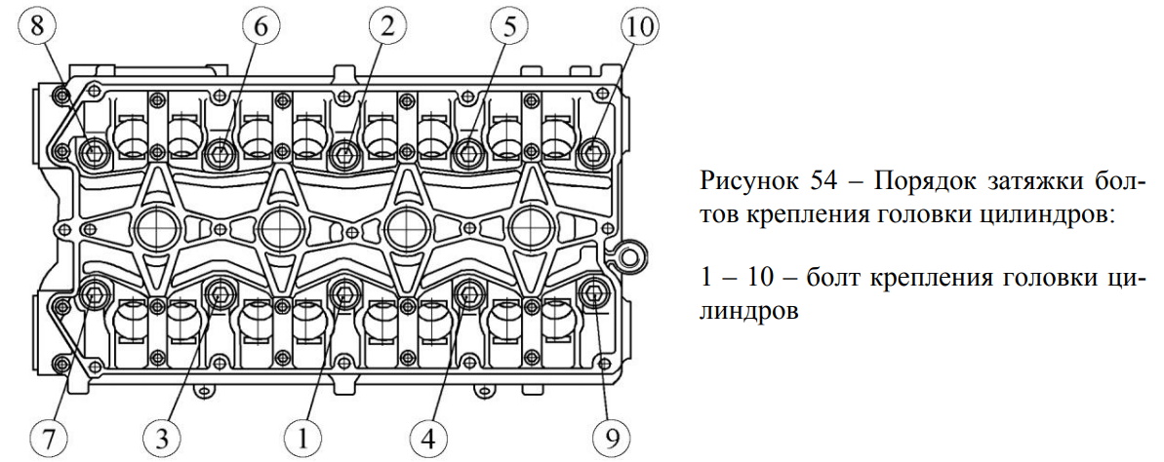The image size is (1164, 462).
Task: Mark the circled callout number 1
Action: point(303,435)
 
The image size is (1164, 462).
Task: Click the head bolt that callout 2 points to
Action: point(344,152)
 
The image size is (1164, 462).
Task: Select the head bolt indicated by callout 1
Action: point(344,291)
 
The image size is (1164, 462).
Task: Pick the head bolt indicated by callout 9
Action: point(592,291)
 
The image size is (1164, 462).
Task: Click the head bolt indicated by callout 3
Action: point(220,291)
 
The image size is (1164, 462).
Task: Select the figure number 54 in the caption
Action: point(815,183)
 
